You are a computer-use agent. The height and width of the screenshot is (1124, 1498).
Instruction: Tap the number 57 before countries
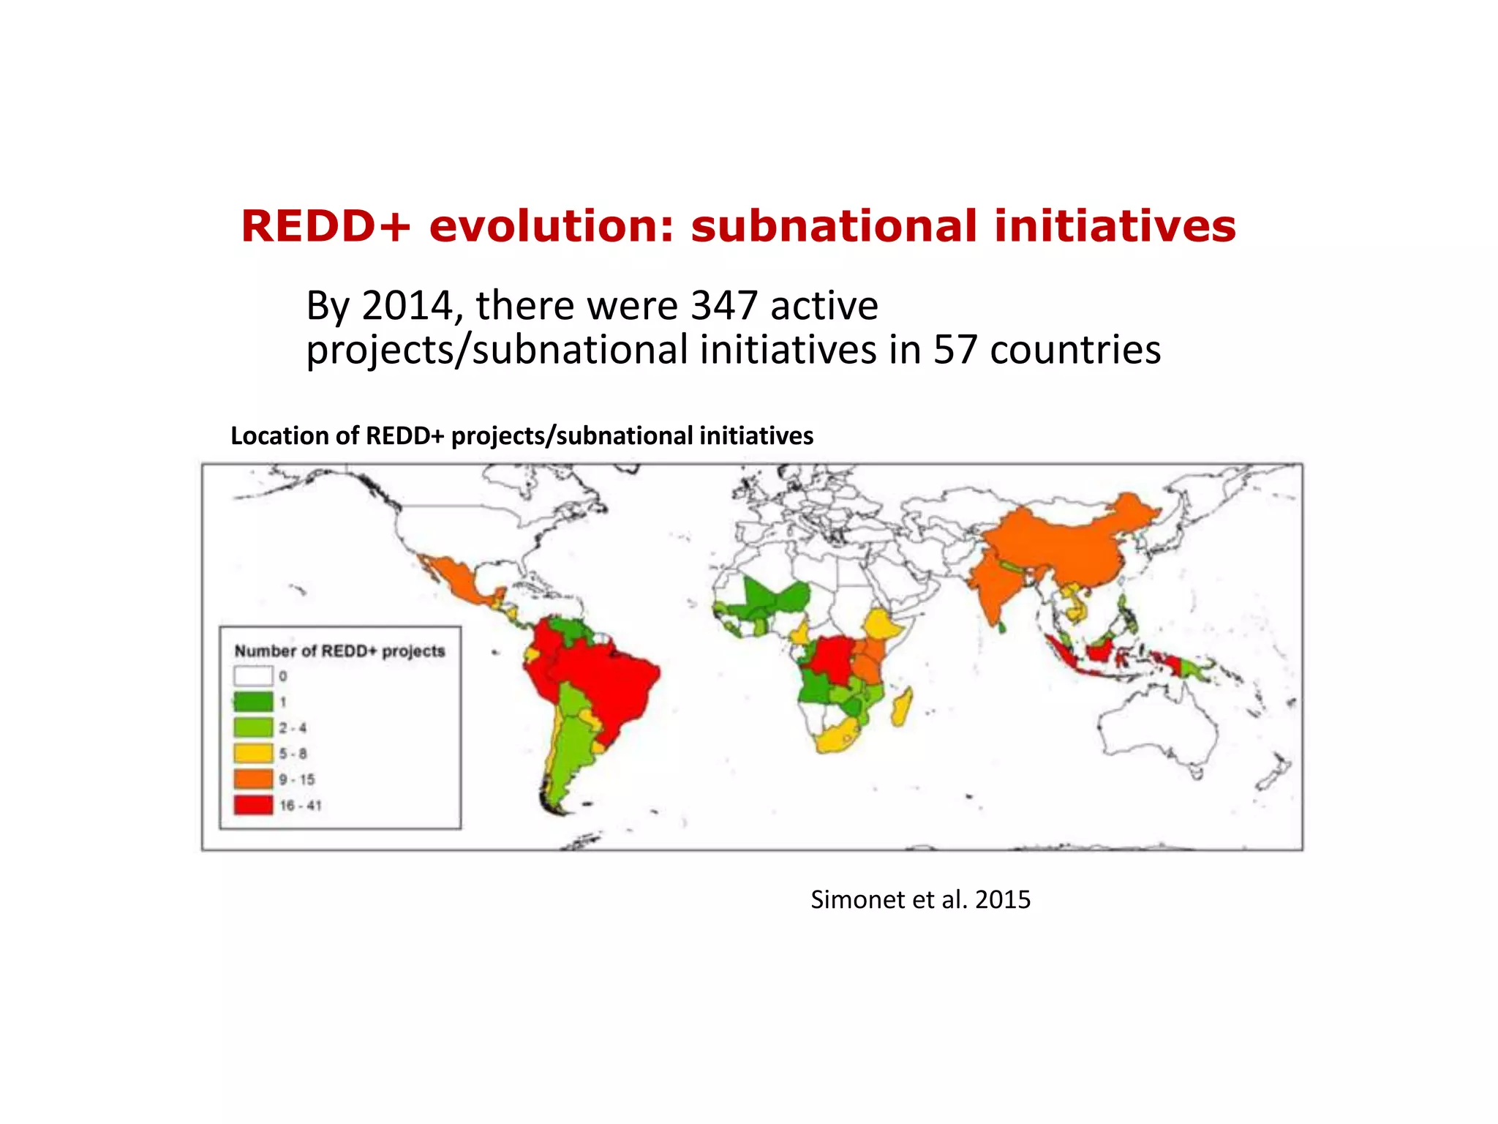coord(955,350)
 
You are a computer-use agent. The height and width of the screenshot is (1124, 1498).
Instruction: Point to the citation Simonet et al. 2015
coord(920,899)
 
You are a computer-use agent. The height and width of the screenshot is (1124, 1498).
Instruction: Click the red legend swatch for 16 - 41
coord(253,805)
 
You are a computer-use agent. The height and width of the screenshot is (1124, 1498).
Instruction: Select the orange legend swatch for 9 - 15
coord(253,779)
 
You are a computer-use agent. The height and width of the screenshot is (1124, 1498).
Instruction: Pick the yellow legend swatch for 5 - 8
coord(253,753)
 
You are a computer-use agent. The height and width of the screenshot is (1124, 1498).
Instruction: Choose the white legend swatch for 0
coord(253,675)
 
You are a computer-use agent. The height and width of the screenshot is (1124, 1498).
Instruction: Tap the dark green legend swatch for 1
coord(253,702)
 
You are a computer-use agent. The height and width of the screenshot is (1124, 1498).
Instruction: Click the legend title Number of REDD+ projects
coord(339,651)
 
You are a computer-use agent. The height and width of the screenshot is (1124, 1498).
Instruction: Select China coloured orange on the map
coord(1061,542)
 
